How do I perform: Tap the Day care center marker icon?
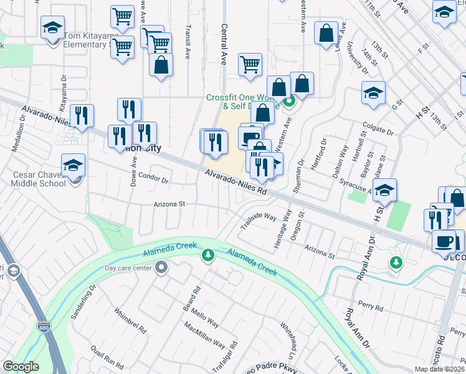pos(162,268)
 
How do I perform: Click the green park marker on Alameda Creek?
pos(207,255)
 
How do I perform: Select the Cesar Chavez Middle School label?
pos(39,178)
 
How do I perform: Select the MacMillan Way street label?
pos(205,336)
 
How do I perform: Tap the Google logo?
pos(21,367)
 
